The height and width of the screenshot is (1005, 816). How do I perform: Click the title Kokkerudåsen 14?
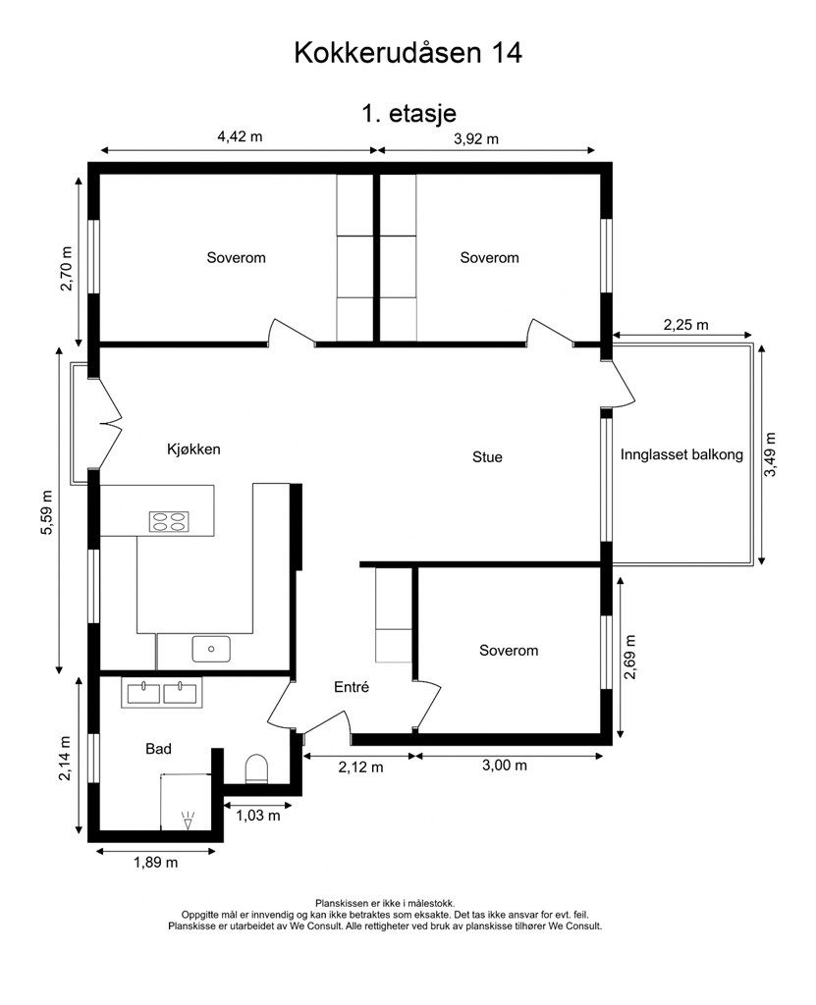(408, 53)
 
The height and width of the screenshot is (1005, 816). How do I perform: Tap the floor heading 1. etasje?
(408, 114)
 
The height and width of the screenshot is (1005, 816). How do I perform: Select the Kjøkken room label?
(193, 450)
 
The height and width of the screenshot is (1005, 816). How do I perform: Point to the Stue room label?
(487, 457)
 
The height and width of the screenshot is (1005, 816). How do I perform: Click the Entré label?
(352, 687)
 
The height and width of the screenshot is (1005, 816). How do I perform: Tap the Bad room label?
(158, 749)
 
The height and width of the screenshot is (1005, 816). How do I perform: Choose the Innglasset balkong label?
(681, 455)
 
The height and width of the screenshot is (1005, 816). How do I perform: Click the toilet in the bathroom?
(256, 767)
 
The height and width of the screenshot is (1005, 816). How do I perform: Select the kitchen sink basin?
(211, 649)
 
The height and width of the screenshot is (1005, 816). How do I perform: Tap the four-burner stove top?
(169, 522)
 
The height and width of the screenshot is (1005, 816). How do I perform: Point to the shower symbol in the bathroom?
(188, 820)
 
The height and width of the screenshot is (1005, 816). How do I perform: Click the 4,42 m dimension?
(240, 136)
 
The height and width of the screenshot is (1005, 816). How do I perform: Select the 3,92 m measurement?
(476, 138)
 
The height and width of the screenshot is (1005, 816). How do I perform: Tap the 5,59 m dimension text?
(46, 511)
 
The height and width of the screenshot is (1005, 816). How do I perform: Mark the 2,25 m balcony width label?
(685, 325)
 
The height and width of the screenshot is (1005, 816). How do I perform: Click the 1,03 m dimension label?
(258, 816)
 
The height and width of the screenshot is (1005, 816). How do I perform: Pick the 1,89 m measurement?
(156, 863)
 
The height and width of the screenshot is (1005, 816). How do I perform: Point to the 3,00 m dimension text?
(504, 766)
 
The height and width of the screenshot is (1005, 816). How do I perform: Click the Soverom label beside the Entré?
(509, 651)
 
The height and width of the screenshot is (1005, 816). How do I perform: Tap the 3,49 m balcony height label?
(771, 454)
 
